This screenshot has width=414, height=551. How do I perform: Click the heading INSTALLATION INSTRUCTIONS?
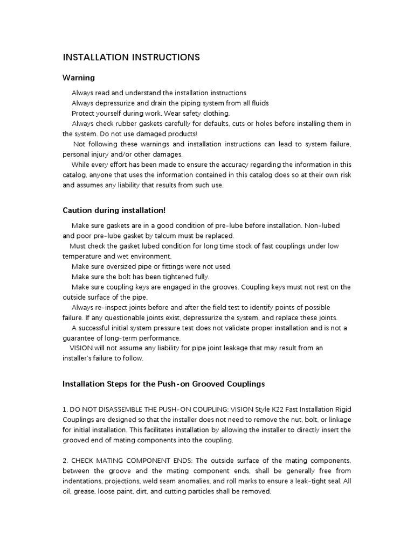click(x=132, y=57)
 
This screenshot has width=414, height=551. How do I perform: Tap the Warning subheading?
click(x=79, y=78)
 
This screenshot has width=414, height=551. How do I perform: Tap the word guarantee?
click(x=80, y=338)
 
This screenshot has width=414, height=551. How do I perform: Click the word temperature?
click(x=82, y=256)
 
